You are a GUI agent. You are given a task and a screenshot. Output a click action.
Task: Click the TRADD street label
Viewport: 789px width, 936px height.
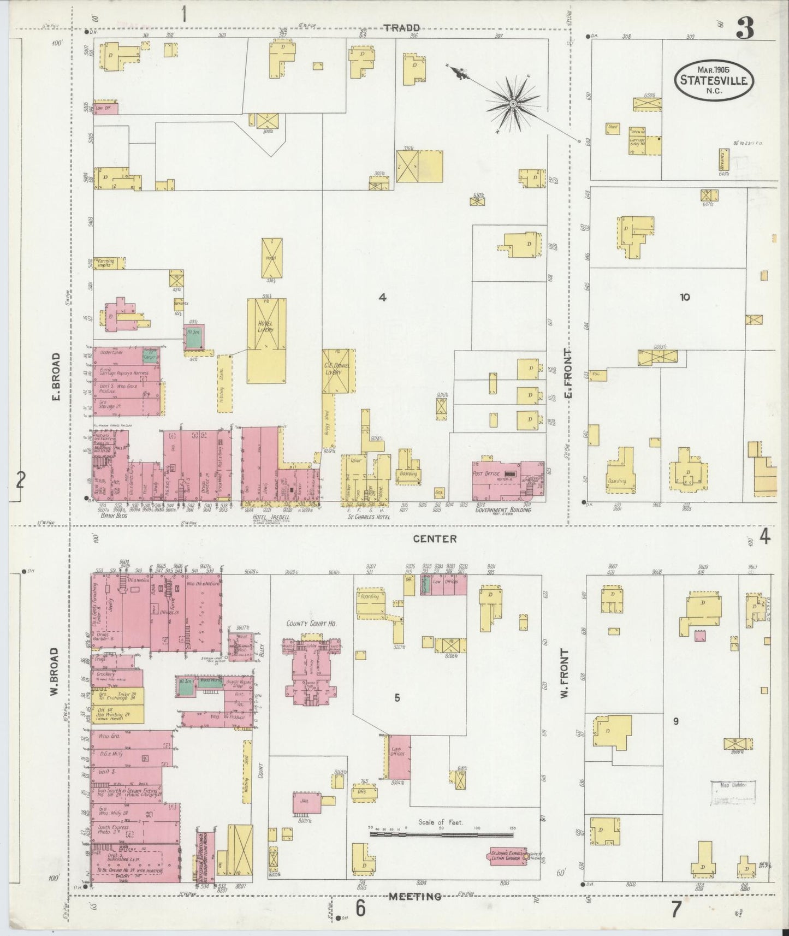point(401,28)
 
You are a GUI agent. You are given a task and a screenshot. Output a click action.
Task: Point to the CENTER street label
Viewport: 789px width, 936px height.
point(434,539)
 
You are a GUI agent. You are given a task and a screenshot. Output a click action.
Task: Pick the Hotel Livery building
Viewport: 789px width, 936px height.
point(266,333)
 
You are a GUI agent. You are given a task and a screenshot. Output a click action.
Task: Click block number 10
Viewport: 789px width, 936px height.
point(685,298)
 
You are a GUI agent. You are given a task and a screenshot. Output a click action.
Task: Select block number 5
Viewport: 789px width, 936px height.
point(397,697)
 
